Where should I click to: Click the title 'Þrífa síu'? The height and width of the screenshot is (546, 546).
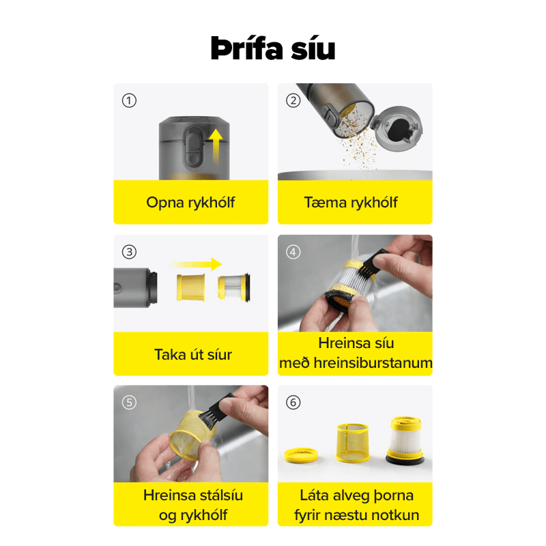272,48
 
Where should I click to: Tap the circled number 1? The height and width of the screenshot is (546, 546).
129,100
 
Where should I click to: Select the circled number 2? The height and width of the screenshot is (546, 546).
293,100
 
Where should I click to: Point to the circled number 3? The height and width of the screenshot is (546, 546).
129,252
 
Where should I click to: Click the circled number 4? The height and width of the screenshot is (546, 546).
293,252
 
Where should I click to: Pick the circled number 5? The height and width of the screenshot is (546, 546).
129,403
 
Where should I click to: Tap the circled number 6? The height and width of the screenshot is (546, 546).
293,403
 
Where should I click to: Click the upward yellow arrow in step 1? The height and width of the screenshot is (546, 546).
216,146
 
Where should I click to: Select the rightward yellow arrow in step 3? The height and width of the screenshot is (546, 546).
196,264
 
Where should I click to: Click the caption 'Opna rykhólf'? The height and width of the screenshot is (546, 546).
190,203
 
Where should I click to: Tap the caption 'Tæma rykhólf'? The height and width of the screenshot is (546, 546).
351,203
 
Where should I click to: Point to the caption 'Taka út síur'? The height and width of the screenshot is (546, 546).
193,354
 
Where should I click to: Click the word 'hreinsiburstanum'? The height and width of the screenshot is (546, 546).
373,363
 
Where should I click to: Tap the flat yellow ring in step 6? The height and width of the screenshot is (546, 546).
301,455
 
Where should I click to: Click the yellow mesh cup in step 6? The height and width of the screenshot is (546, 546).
352,443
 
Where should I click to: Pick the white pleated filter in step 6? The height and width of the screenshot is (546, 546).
405,440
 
